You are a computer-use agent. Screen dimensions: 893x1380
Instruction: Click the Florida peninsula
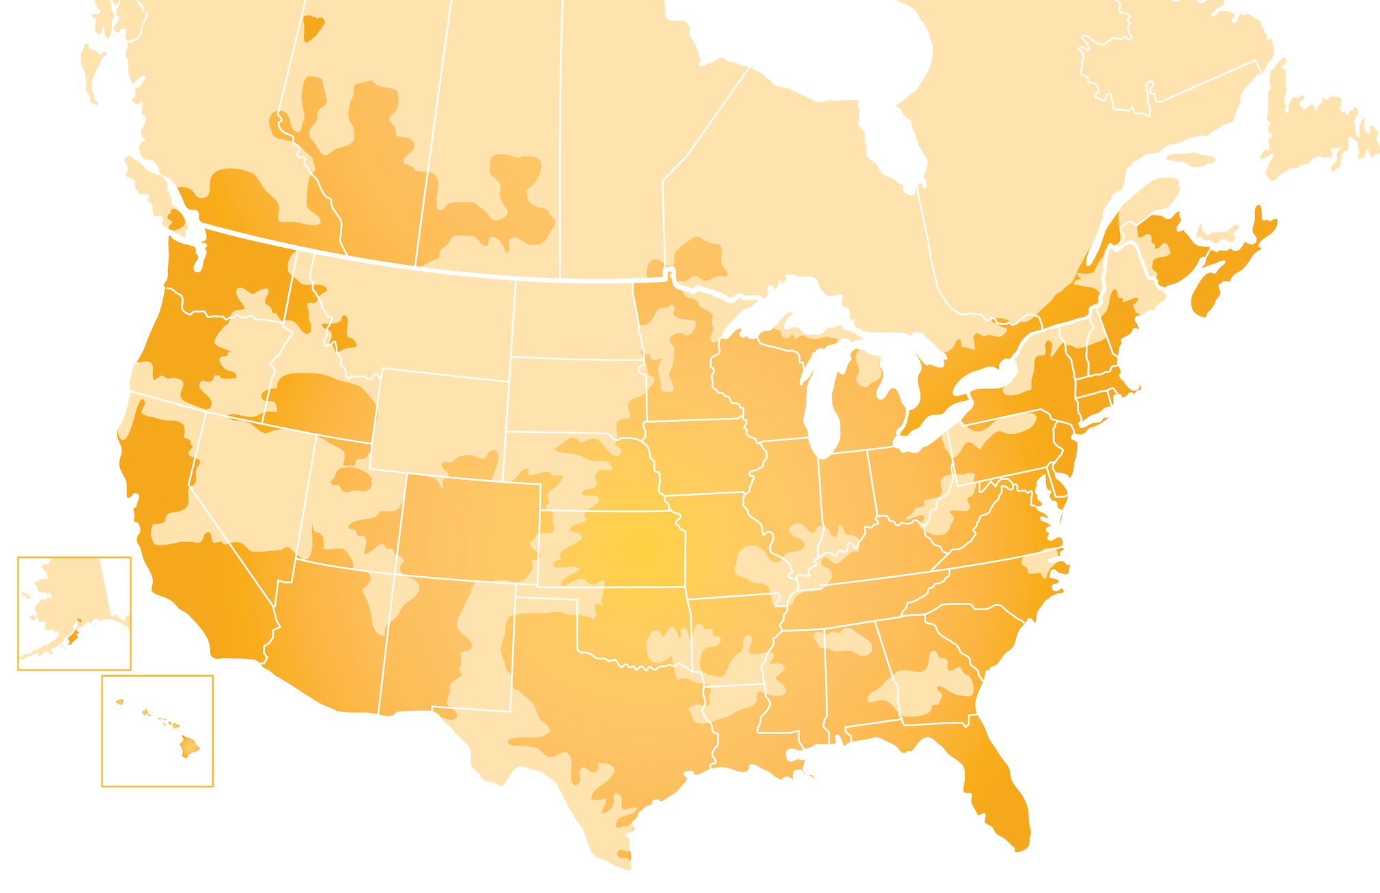[997, 792]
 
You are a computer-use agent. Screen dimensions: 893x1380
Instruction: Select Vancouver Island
[147, 181]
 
